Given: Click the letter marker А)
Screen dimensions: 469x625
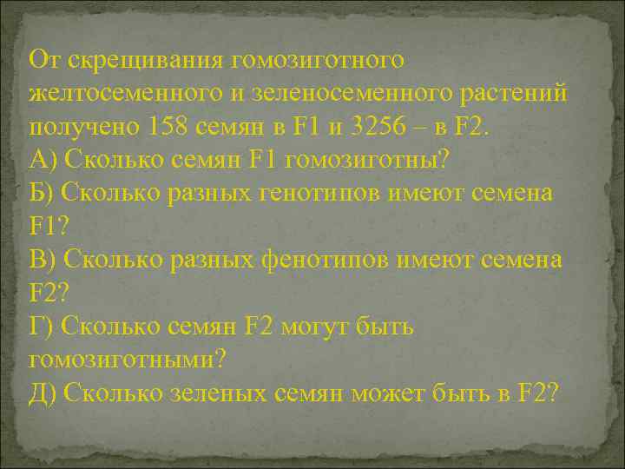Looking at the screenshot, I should click(x=44, y=162).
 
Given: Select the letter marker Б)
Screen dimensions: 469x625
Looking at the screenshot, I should click(x=43, y=193).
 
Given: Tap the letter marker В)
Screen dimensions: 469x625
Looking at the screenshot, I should click(x=43, y=259).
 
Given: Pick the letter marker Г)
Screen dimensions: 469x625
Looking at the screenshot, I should click(x=41, y=327).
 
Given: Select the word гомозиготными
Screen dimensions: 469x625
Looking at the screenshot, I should click(x=127, y=358).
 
